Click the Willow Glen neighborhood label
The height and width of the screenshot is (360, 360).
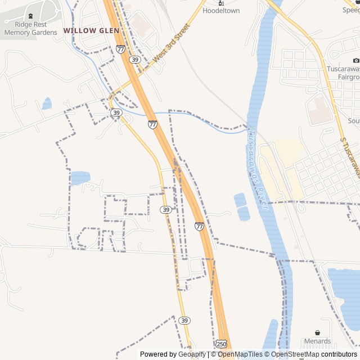pyautogui.click(x=91, y=30)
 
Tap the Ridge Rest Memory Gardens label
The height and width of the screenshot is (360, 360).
pyautogui.click(x=30, y=28)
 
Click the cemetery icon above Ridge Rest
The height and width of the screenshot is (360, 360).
pyautogui.click(x=30, y=16)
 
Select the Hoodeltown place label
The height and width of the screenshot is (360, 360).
pyautogui.click(x=221, y=11)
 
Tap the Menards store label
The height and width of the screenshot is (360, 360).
pyautogui.click(x=317, y=341)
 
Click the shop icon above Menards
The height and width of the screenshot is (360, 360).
pyautogui.click(x=317, y=332)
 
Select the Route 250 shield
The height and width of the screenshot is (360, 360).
pyautogui.click(x=221, y=343)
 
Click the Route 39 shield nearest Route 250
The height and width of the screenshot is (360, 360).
pyautogui.click(x=184, y=320)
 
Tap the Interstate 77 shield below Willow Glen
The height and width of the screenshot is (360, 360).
pyautogui.click(x=121, y=49)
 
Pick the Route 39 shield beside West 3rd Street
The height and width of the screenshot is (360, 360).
pyautogui.click(x=134, y=59)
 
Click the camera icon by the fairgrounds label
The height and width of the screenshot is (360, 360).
pyautogui.click(x=355, y=61)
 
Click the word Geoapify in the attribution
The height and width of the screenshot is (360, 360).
pyautogui.click(x=192, y=354)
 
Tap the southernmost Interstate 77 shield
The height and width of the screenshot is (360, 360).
pyautogui.click(x=199, y=226)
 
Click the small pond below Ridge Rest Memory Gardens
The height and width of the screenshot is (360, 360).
pyautogui.click(x=47, y=103)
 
